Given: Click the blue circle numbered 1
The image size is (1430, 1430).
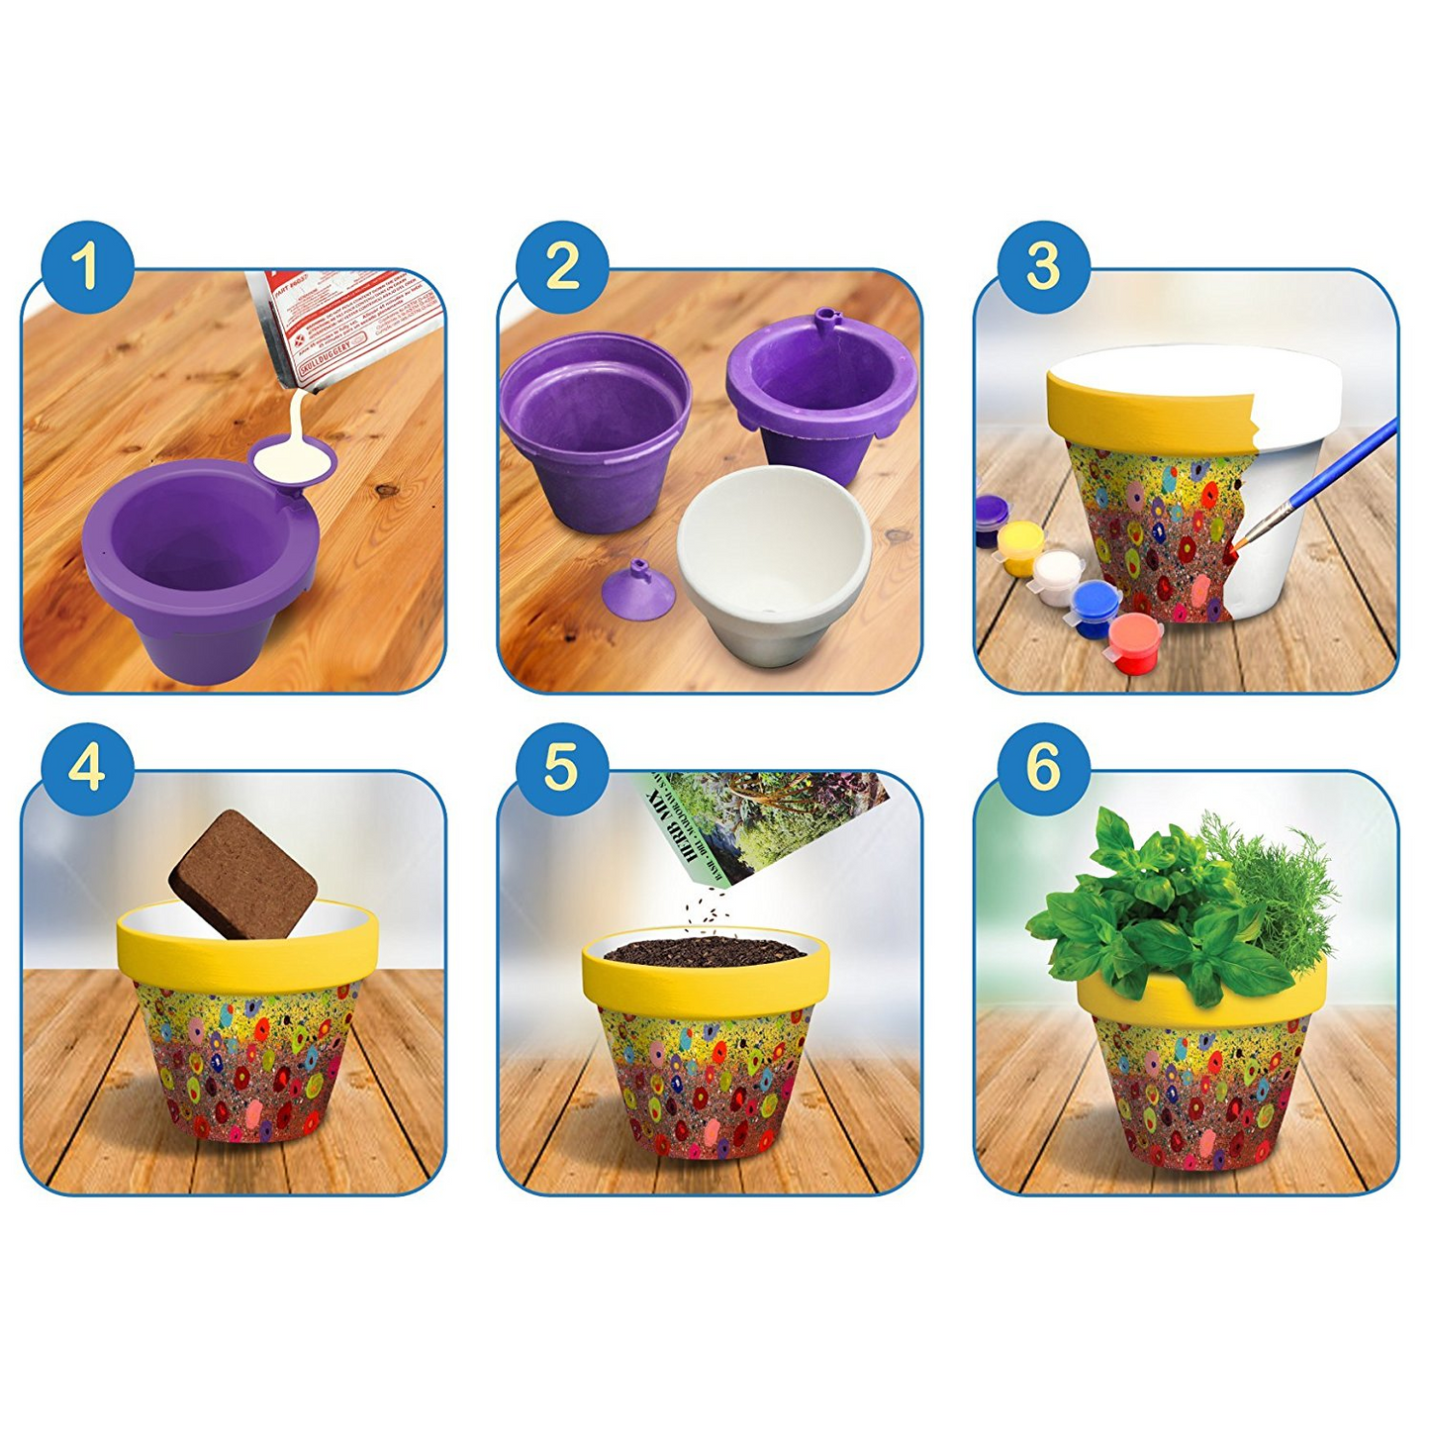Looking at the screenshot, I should coord(87,267).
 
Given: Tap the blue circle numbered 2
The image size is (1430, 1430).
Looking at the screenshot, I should coord(562,267).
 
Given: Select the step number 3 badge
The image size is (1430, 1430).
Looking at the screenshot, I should coord(1043,267).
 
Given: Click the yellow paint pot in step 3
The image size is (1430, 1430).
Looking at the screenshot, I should coord(1019,546).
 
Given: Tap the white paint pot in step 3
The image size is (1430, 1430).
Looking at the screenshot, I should coord(1059,574).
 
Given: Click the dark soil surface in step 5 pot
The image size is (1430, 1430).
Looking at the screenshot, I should coord(705,952).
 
